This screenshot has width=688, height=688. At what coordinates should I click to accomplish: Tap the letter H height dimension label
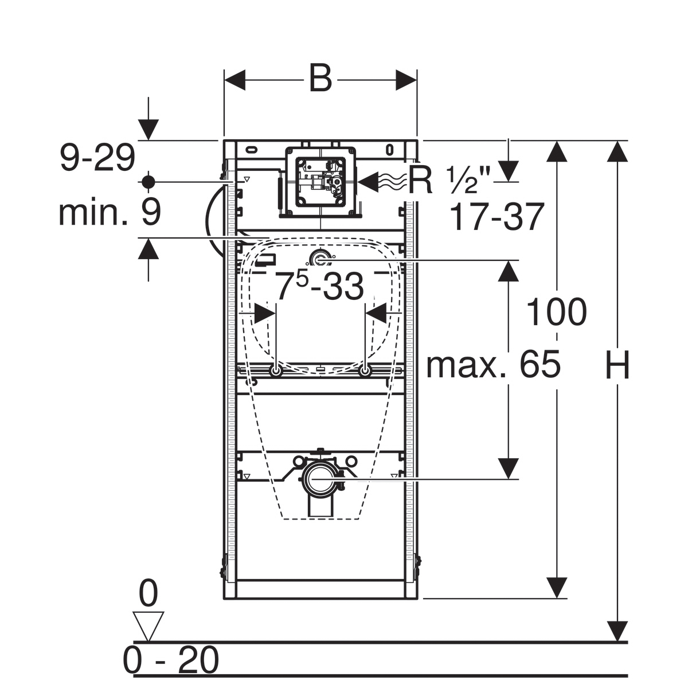617,364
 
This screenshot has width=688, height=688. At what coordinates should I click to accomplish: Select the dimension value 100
557,312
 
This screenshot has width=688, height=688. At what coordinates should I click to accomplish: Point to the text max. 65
494,364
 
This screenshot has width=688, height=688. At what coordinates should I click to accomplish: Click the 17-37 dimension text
497,216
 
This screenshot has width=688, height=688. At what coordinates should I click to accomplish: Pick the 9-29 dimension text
97,157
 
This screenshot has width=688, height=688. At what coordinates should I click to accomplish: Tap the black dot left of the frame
148,182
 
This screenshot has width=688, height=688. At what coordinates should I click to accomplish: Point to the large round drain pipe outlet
320,479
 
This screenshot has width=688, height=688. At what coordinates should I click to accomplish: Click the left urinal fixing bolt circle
276,372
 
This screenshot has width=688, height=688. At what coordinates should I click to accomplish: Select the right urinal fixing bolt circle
365,372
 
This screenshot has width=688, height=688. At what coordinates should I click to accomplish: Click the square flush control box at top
320,182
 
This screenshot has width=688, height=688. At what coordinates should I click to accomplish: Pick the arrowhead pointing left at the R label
368,182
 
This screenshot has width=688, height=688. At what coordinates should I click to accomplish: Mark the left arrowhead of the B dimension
235,80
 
